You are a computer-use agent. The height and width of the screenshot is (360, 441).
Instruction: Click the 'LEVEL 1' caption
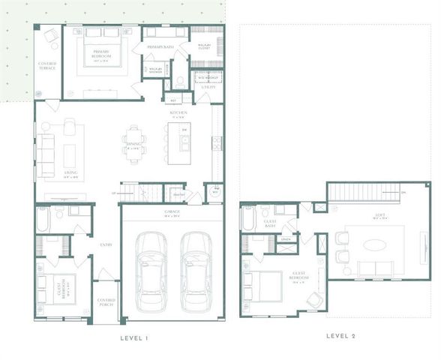[x=136, y=338]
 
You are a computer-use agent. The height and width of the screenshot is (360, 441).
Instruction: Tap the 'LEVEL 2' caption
[x=342, y=336]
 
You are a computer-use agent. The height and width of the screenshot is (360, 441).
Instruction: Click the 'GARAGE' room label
[x=171, y=212]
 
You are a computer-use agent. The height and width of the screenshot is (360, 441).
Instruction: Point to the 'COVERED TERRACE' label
[x=47, y=66]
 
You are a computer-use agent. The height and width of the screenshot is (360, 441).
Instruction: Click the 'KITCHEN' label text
[x=178, y=112]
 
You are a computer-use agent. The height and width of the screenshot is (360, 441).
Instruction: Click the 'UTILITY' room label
[x=208, y=87]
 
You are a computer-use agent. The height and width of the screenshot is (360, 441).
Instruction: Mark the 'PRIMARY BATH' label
[x=159, y=47]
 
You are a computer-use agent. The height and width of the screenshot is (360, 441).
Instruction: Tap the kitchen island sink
[x=184, y=139]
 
